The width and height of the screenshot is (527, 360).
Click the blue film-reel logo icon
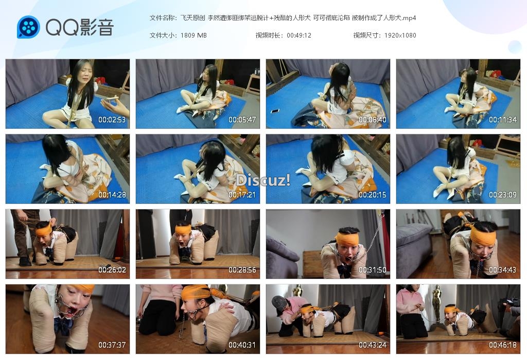pos(28,27)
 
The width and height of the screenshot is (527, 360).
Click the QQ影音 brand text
pos(80,27)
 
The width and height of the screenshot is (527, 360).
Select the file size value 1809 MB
pos(194,35)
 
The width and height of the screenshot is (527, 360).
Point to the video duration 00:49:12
pos(299,35)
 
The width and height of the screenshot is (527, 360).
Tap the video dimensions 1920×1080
pos(400,35)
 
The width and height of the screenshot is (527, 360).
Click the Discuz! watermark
pos(263,181)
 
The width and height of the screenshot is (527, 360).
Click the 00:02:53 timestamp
pos(112,119)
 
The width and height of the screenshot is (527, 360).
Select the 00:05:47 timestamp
pos(242,119)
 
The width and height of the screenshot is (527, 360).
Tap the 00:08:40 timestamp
pos(373,119)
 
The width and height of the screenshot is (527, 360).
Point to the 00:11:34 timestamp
pos(502,119)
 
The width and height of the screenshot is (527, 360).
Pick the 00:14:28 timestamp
pos(112,195)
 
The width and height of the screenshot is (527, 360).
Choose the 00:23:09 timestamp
pos(502,195)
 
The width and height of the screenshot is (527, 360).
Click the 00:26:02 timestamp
pos(112,270)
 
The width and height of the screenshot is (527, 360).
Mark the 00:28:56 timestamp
pos(242,270)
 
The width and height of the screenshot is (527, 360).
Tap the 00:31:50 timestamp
pos(373,270)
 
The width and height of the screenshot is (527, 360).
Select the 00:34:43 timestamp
pos(502,270)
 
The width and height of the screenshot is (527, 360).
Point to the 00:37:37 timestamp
pos(112,345)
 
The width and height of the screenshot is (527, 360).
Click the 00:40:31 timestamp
pos(242,345)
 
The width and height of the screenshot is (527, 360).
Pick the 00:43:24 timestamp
pos(373,345)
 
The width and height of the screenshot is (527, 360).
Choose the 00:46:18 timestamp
pos(502,345)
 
